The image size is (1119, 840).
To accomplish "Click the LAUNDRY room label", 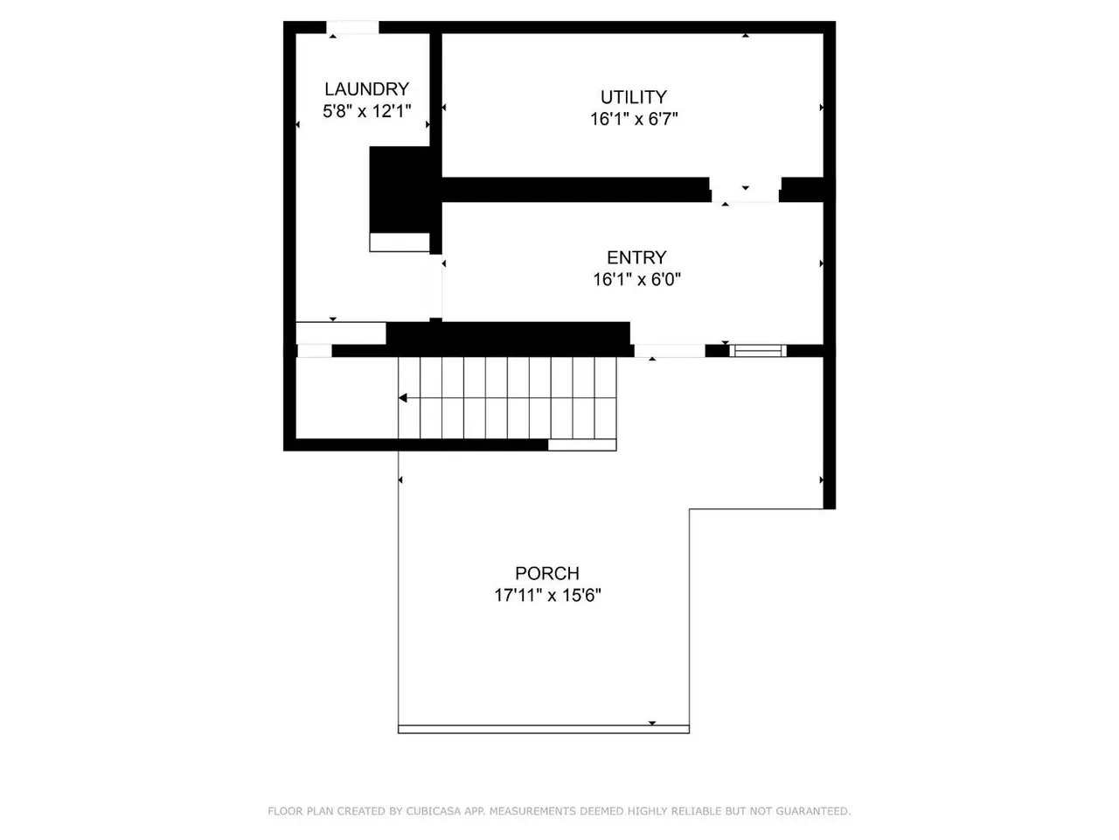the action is pyautogui.click(x=366, y=89).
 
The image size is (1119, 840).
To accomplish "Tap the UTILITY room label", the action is pyautogui.click(x=634, y=97).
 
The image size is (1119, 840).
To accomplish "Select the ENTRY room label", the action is pyautogui.click(x=636, y=257).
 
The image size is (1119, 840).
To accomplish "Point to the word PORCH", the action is pyautogui.click(x=547, y=573).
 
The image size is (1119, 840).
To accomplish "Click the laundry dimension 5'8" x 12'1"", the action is pyautogui.click(x=366, y=110).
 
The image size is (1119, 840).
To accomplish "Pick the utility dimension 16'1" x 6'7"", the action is pyautogui.click(x=634, y=119).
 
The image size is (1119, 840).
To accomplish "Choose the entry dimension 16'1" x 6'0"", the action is pyautogui.click(x=636, y=279).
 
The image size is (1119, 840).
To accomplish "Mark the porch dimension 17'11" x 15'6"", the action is pyautogui.click(x=547, y=595).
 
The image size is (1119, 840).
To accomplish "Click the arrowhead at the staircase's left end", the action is pyautogui.click(x=403, y=398).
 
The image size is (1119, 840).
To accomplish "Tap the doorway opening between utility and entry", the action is pyautogui.click(x=745, y=190).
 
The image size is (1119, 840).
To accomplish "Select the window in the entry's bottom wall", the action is pyautogui.click(x=758, y=350).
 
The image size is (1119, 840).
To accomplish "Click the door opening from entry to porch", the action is pyautogui.click(x=670, y=350).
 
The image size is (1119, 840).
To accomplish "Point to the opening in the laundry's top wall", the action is pyautogui.click(x=352, y=27).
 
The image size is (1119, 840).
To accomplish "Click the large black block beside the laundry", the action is pyautogui.click(x=400, y=190).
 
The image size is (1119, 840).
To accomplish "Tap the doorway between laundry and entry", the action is pyautogui.click(x=435, y=286).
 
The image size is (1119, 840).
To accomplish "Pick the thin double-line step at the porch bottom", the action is pyautogui.click(x=544, y=730).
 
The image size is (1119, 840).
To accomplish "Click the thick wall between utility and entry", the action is pyautogui.click(x=575, y=190).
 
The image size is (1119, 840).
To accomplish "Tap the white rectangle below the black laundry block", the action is pyautogui.click(x=400, y=242).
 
